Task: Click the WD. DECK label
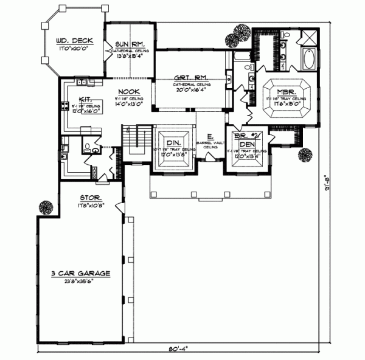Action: point(70,41)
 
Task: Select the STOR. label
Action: point(89,198)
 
